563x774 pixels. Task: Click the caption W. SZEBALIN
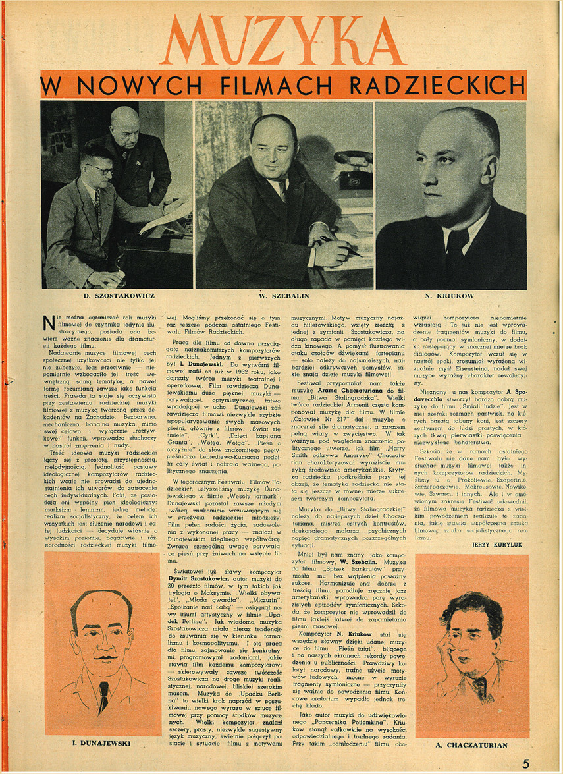(x=284, y=296)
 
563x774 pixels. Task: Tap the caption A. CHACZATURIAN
(x=472, y=745)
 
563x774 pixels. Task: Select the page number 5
(x=525, y=763)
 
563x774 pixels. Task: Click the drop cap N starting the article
(x=48, y=322)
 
